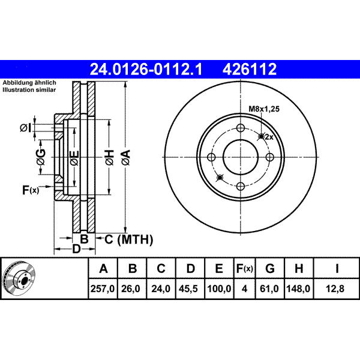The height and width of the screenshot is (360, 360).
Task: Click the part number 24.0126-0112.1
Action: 146,69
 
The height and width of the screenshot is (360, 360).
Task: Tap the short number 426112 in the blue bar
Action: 250,69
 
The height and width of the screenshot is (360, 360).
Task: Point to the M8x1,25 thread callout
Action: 264,109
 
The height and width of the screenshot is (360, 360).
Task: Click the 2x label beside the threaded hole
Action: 269,137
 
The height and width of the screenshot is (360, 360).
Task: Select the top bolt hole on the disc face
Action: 241,128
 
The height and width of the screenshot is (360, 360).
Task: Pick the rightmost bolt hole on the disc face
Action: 270,157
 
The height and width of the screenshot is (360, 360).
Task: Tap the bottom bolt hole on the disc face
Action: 241,186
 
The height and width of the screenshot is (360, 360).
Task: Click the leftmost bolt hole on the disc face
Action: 211,157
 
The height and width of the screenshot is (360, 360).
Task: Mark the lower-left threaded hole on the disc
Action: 220,178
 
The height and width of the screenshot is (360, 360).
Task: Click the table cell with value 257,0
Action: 103,289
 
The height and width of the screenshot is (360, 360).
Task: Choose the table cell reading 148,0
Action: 298,289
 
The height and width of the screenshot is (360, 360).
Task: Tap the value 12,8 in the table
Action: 335,289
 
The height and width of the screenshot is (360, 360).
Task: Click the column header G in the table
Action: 270,268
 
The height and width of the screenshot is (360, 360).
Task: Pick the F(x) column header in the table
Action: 245,268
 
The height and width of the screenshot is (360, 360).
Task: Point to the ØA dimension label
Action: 126,157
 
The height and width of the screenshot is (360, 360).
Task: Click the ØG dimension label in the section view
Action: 41,157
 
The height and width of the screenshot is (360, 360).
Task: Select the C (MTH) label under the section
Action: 129,239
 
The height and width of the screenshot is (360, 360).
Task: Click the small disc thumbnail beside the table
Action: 19,278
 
